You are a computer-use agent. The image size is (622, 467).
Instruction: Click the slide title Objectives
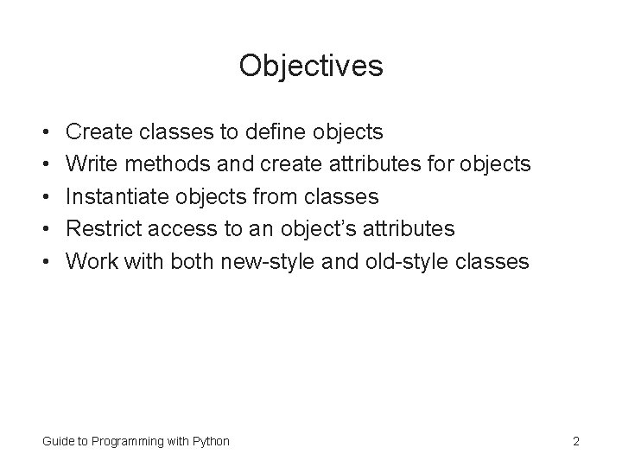pyautogui.click(x=311, y=65)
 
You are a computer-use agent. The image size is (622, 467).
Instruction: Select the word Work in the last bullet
pyautogui.click(x=90, y=262)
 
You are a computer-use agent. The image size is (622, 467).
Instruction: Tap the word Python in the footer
pyautogui.click(x=211, y=441)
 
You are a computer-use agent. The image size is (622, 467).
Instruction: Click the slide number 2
pyautogui.click(x=575, y=441)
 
